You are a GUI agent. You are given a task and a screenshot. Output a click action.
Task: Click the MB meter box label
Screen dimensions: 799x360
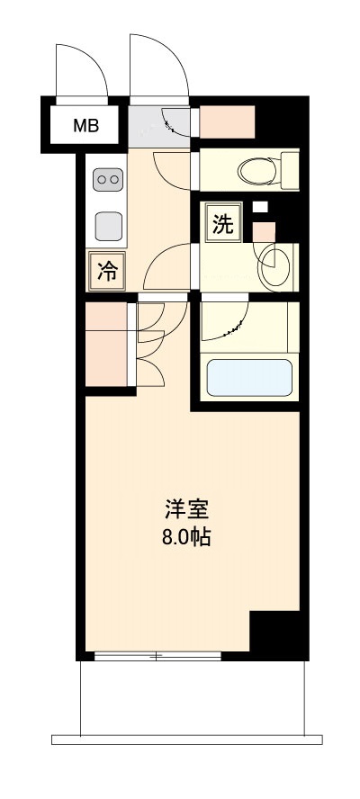(86, 127)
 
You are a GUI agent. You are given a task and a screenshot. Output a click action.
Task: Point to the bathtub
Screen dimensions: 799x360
(249, 377)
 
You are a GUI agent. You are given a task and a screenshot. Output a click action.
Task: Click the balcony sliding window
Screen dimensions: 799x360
(157, 656)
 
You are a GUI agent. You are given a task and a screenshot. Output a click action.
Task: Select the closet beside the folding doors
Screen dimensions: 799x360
(107, 346)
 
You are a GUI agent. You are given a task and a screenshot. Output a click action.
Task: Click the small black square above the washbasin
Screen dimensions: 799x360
(260, 206)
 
